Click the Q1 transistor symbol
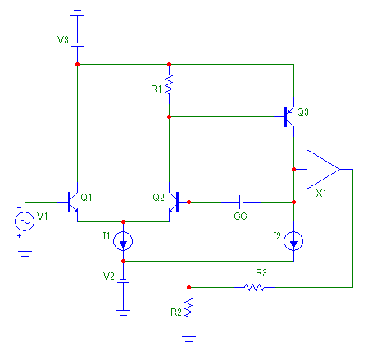click(x=71, y=203)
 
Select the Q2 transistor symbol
click(x=175, y=203)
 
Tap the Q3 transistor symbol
click(x=288, y=116)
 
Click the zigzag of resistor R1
click(x=169, y=84)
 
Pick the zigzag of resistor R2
click(x=189, y=308)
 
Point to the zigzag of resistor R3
click(x=254, y=287)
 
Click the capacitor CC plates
click(x=241, y=202)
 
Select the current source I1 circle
click(x=123, y=241)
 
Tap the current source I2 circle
click(x=293, y=241)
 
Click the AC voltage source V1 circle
click(x=25, y=221)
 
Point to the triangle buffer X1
click(x=323, y=169)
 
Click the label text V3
click(x=63, y=40)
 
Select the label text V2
click(x=109, y=276)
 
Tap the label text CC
click(x=240, y=216)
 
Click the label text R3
click(x=261, y=272)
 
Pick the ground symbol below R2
click(x=189, y=339)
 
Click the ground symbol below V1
click(x=25, y=253)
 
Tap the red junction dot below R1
click(x=169, y=116)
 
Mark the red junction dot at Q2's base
click(x=189, y=202)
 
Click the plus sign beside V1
click(x=19, y=235)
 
